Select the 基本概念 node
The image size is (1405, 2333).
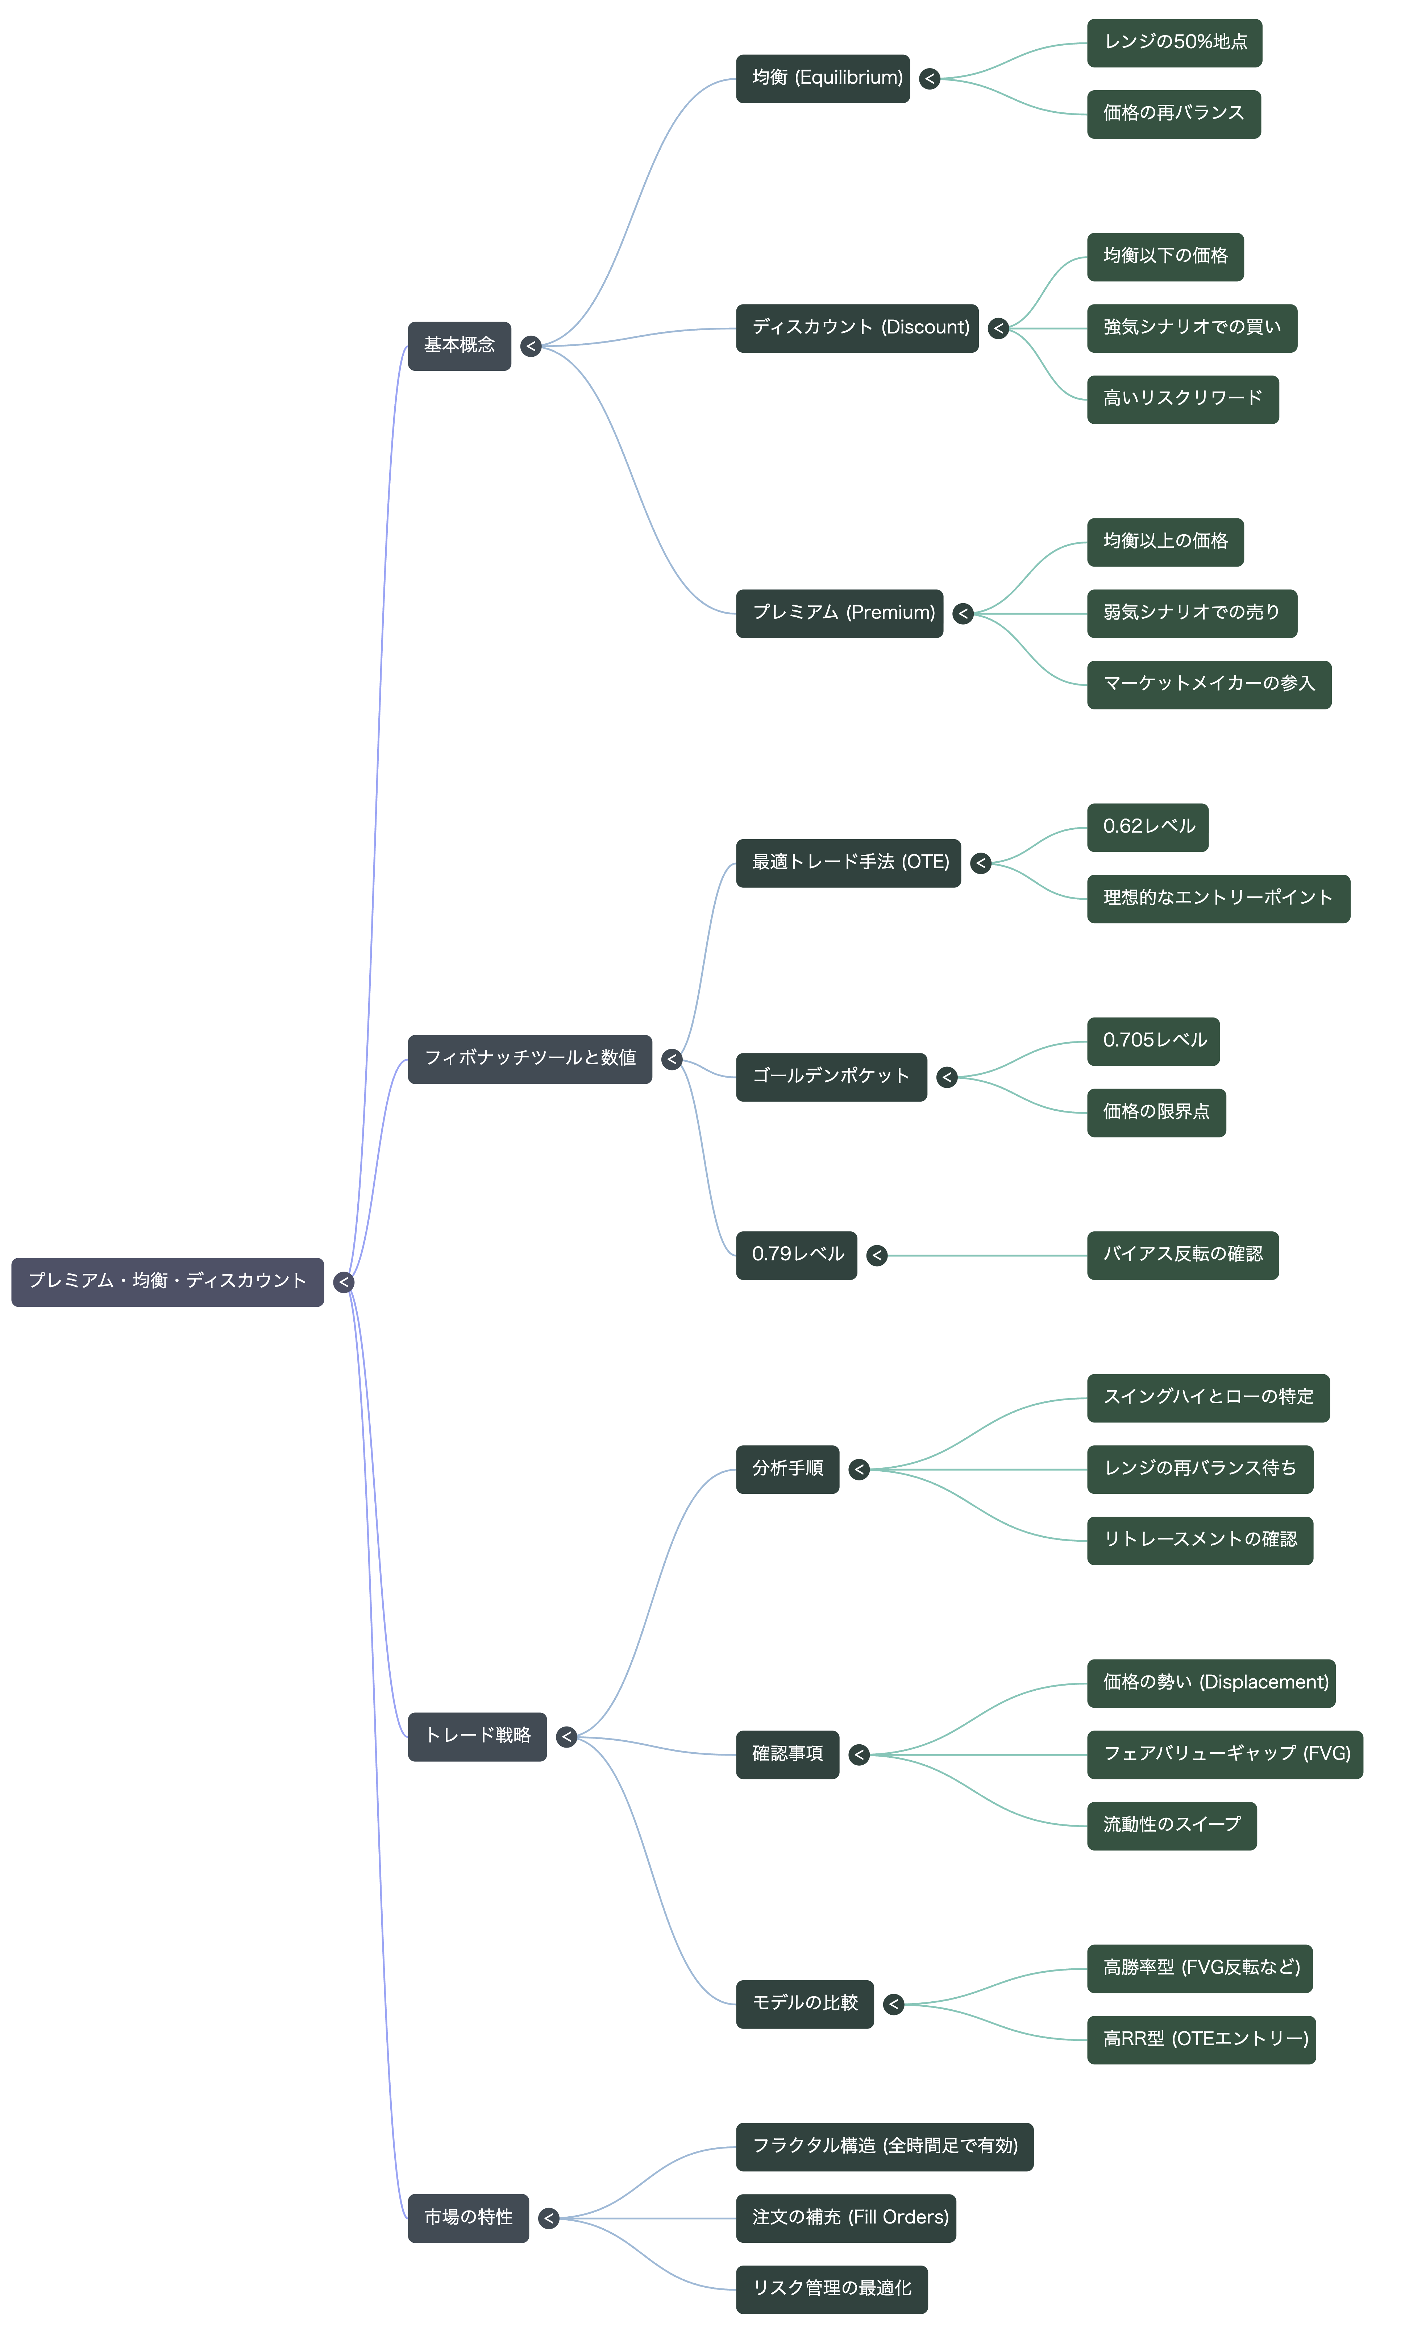(x=459, y=345)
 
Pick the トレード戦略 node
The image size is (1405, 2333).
(x=477, y=1736)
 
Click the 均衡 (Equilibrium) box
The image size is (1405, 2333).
(x=823, y=79)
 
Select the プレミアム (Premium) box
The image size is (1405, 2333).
(x=840, y=614)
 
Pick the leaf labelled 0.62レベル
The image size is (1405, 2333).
(x=1147, y=828)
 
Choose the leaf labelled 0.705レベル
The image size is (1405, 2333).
(x=1153, y=1041)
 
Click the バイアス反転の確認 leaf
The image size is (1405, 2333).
(x=1182, y=1256)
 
